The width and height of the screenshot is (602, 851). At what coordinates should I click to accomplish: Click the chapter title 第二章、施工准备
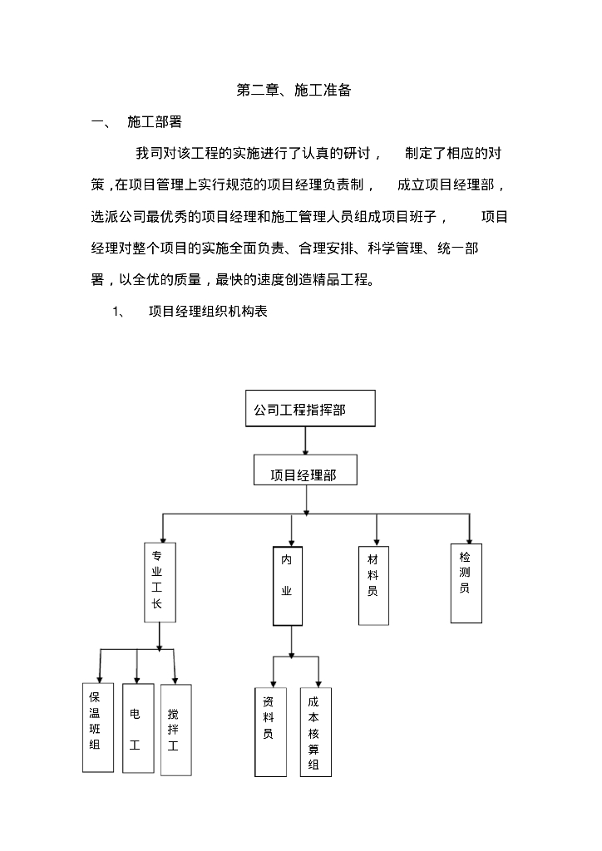(294, 91)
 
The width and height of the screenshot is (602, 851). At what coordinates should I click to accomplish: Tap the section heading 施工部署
(155, 122)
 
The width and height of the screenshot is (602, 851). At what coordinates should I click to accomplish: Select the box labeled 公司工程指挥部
(311, 409)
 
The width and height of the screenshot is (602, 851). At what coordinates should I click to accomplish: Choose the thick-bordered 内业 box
(287, 585)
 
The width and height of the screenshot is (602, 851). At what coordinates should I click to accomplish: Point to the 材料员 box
(373, 585)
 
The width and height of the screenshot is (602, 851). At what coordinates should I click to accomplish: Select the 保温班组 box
(97, 727)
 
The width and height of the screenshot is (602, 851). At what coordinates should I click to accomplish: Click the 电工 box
(136, 728)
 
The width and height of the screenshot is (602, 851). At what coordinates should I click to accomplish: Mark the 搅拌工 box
(175, 730)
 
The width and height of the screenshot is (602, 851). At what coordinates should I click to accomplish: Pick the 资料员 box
(269, 731)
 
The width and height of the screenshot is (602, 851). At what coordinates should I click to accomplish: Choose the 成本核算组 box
(315, 731)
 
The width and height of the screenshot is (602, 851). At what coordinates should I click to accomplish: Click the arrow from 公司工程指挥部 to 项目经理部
(306, 440)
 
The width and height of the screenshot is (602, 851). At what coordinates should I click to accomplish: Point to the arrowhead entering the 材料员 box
(377, 541)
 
